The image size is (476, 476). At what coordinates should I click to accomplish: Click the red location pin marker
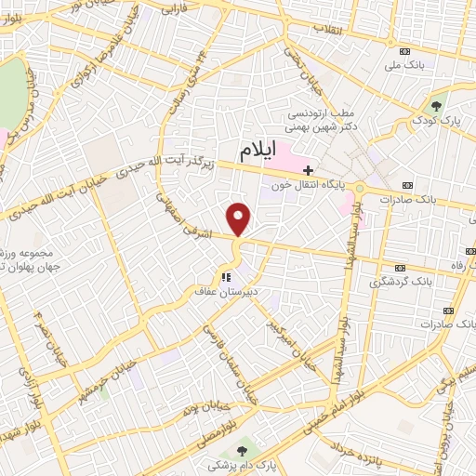pos(240,218)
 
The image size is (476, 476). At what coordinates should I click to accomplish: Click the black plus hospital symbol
pos(308,170)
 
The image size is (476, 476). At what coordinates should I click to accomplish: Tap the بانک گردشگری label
pos(403,280)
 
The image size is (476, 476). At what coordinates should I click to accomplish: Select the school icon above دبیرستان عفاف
pos(224,276)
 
